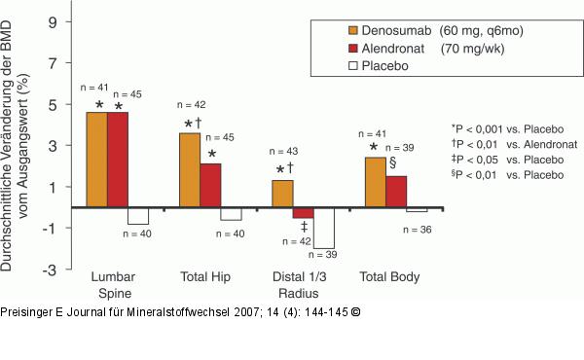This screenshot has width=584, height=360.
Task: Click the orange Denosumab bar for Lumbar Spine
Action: (96, 160)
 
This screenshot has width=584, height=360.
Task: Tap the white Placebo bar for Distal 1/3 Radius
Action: (323, 228)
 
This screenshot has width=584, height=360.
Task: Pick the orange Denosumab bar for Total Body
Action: (376, 182)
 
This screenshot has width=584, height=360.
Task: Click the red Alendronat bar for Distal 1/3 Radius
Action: (303, 213)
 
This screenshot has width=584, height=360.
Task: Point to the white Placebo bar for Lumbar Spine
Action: (137, 216)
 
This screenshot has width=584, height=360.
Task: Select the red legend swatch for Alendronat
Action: (325, 48)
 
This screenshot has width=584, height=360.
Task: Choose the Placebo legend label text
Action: (362, 66)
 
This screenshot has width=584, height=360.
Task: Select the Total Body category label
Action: (389, 277)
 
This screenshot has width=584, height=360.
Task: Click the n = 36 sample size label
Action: (419, 229)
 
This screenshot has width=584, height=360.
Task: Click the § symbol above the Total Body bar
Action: (393, 162)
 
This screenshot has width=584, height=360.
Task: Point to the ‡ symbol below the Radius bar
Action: (305, 228)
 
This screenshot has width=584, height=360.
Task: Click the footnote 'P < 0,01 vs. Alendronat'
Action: (510, 143)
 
